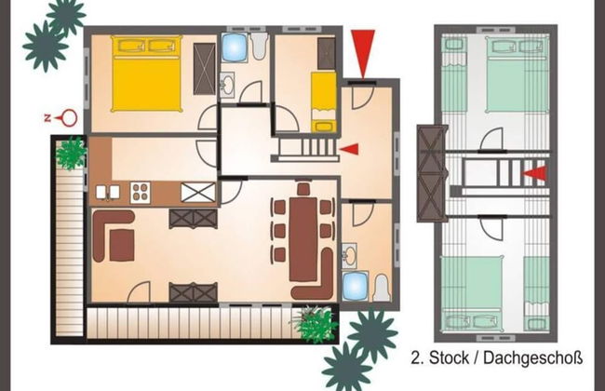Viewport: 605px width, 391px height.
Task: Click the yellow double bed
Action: (146, 74)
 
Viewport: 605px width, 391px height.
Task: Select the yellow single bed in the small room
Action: (323, 99)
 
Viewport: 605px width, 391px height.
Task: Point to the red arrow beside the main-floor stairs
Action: (348, 148)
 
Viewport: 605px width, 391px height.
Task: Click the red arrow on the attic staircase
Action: (535, 173)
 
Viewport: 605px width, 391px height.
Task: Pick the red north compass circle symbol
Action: (68, 118)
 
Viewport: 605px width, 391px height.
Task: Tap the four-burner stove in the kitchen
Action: (141, 193)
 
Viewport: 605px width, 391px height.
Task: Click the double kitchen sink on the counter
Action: (106, 193)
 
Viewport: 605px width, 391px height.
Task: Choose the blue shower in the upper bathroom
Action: (235, 47)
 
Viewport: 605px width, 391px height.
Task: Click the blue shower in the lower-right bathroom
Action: (355, 286)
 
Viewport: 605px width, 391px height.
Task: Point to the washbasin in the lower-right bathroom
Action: (350, 253)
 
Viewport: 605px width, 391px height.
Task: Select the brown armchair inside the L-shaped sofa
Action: (122, 245)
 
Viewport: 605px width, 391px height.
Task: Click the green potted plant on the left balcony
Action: (71, 153)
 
